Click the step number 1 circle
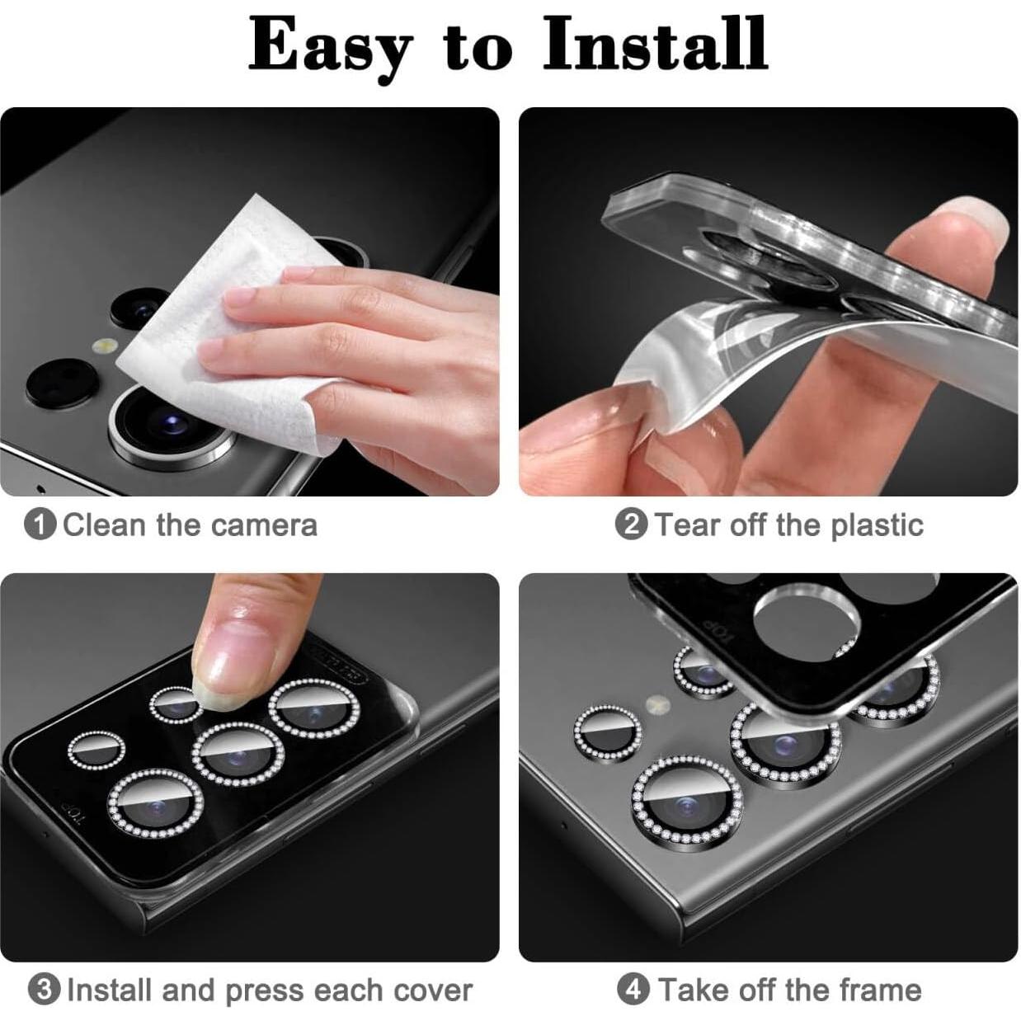coord(40,525)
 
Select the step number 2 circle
coord(631,525)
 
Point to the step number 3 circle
coord(44,990)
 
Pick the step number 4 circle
coord(633,989)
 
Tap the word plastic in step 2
coord(876,525)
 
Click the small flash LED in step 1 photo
coord(105,346)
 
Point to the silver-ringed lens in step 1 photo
coord(169,425)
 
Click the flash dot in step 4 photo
coord(657,704)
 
